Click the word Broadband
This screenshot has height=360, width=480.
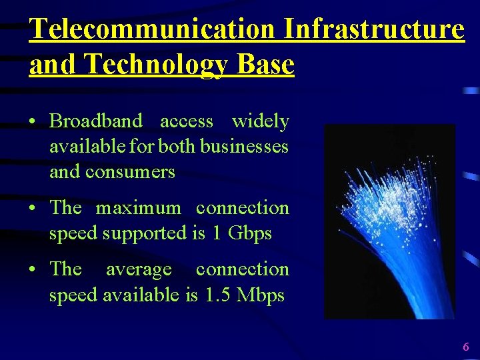(x=96, y=121)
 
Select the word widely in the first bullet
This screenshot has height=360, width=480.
(x=260, y=121)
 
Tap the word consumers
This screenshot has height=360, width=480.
(x=131, y=171)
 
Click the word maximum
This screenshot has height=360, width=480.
(x=138, y=208)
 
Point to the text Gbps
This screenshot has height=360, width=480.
(x=250, y=233)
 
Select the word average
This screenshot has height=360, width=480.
(x=139, y=269)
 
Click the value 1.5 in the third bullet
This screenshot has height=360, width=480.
(x=217, y=295)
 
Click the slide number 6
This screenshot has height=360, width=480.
(x=465, y=347)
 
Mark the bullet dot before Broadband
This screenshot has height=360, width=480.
(x=33, y=122)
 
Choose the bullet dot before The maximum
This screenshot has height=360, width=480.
(x=33, y=209)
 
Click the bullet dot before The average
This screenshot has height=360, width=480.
(x=33, y=270)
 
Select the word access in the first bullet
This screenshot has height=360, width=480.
(x=187, y=121)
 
